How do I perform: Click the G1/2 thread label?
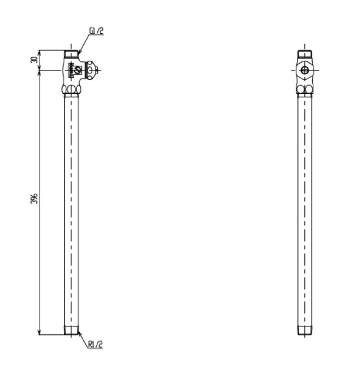(x=97, y=31)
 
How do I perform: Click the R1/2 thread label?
(x=96, y=344)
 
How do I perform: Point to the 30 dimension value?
(x=34, y=60)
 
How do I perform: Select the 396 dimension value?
(x=34, y=198)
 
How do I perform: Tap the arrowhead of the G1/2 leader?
(x=79, y=51)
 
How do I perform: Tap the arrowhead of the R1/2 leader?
(x=79, y=333)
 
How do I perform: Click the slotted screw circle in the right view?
(x=305, y=70)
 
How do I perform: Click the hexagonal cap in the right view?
(x=305, y=70)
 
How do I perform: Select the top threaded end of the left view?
(x=71, y=54)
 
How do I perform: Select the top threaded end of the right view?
(x=305, y=54)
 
